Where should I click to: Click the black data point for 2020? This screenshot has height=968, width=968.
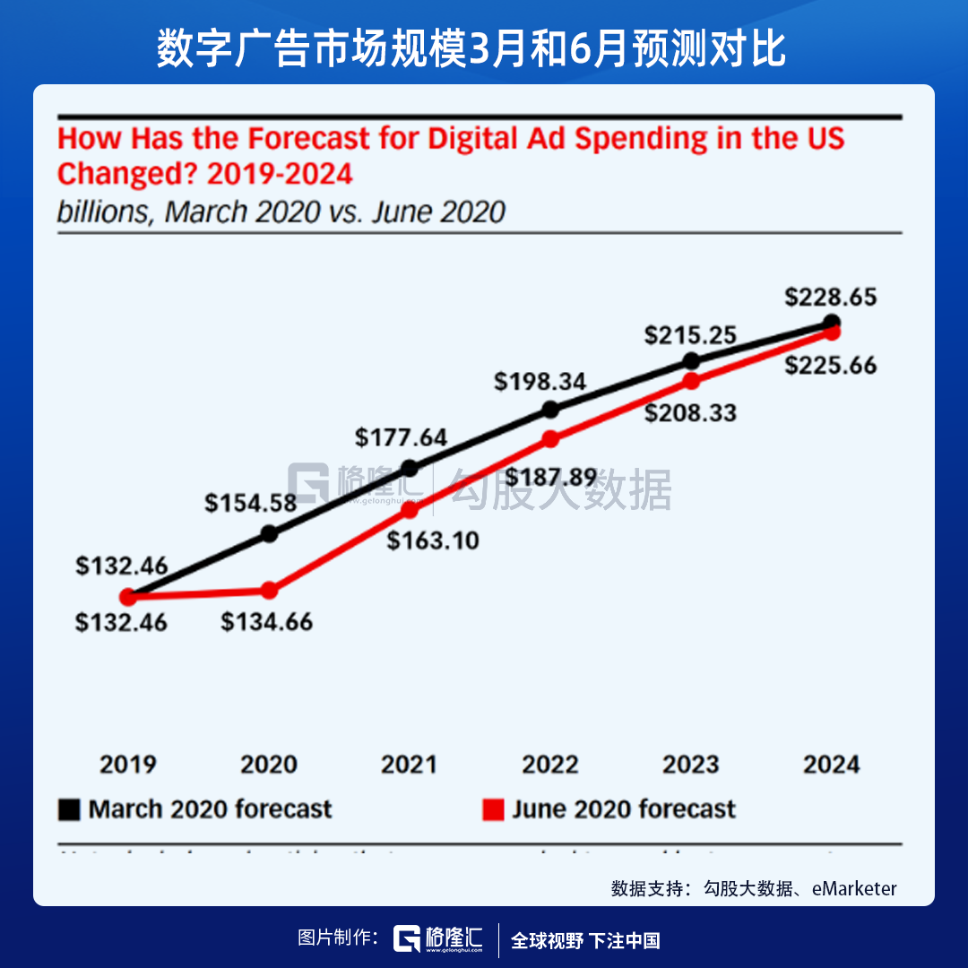[x=269, y=534]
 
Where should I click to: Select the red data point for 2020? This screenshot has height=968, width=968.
[x=269, y=591]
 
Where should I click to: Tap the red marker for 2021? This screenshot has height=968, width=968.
[x=410, y=510]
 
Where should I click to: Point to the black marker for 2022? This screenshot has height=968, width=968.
[x=551, y=410]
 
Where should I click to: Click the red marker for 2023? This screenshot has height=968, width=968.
[x=691, y=381]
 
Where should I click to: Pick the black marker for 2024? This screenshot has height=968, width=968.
[x=832, y=322]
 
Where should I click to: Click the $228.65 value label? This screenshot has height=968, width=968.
[x=830, y=297]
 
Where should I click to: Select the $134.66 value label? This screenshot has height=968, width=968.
[x=267, y=621]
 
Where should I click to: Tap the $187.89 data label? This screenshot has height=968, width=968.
[x=550, y=477]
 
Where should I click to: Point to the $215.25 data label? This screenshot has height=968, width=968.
[x=690, y=336]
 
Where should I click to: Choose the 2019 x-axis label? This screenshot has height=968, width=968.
[x=127, y=765]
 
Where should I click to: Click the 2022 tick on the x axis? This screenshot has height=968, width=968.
[x=550, y=765]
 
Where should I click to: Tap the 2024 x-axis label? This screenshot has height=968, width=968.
[x=831, y=765]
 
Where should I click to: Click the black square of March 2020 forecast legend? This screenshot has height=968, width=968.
[x=69, y=809]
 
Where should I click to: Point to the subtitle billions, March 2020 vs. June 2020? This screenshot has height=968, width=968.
[x=281, y=212]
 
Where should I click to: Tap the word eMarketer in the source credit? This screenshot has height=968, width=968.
[x=854, y=888]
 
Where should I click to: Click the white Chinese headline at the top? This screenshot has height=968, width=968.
[x=471, y=49]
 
